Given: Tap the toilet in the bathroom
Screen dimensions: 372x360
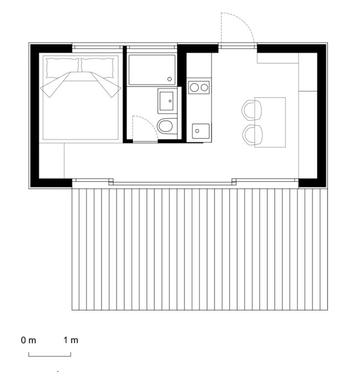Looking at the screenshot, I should [x=166, y=126].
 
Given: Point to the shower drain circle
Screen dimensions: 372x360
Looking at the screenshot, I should [x=169, y=79].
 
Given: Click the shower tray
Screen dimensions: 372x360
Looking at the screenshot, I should [x=151, y=70].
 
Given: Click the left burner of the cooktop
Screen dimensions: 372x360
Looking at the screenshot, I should [x=194, y=88].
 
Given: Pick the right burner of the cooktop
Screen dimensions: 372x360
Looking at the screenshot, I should [x=203, y=88].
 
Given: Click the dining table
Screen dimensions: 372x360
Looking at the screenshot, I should [x=270, y=122].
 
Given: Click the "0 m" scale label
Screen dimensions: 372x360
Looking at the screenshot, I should [x=28, y=340].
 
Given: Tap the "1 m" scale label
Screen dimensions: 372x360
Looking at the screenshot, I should [x=71, y=340].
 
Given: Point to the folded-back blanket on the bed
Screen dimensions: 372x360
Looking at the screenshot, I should [x=81, y=81].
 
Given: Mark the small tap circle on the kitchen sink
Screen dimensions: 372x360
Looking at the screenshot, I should [x=195, y=131].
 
